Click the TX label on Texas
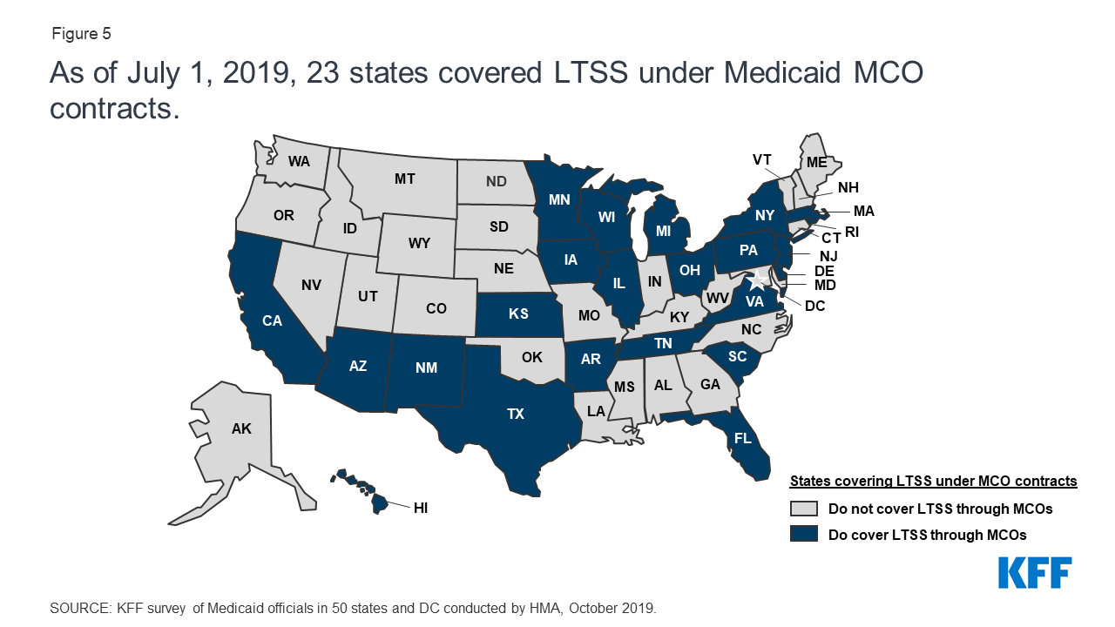pos(516,414)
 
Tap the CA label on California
pos(273,320)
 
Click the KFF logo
pos(1034,573)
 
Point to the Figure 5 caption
pos(81,34)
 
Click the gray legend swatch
pos(804,509)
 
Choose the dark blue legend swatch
pos(804,534)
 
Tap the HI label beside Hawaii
pos(421,506)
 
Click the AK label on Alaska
pos(241,428)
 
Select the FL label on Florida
pos(742,438)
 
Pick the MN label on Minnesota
pos(559,199)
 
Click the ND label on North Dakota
pos(497,182)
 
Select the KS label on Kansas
pos(518,313)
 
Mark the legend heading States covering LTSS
pos(933,481)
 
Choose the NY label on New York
pos(765,214)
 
